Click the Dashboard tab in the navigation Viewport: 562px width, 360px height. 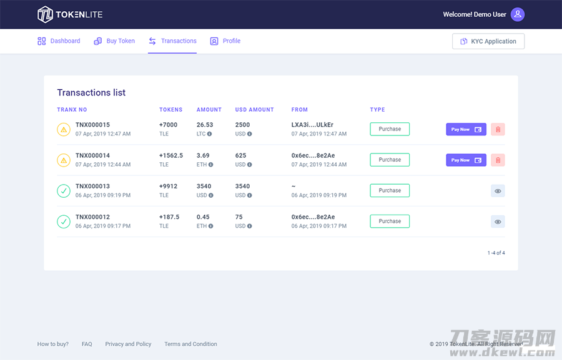coord(59,41)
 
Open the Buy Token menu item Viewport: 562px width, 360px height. coord(114,41)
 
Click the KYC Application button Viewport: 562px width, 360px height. coord(488,41)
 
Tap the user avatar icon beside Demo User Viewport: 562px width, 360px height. coord(517,14)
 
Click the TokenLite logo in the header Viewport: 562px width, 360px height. coord(70,14)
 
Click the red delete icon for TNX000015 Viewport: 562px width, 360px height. coord(498,129)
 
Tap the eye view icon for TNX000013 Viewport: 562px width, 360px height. coord(498,190)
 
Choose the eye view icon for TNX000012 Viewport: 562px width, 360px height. coord(498,221)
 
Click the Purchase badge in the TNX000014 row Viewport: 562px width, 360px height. coord(390,160)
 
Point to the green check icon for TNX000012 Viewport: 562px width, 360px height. coord(64,221)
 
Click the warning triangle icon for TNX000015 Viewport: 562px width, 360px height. coord(64,129)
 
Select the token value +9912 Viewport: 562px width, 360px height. coord(169,186)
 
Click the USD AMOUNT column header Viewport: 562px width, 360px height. coord(255,110)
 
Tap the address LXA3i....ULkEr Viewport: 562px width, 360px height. coord(313,125)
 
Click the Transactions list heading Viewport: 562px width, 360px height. coord(91,92)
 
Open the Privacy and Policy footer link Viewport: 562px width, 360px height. coord(128,344)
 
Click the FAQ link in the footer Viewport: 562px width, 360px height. coord(87,344)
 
